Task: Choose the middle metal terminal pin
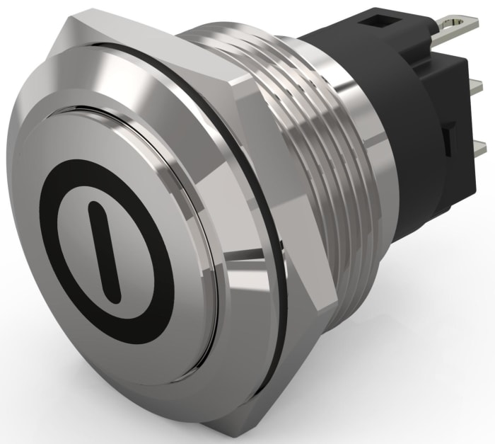[474, 86]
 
